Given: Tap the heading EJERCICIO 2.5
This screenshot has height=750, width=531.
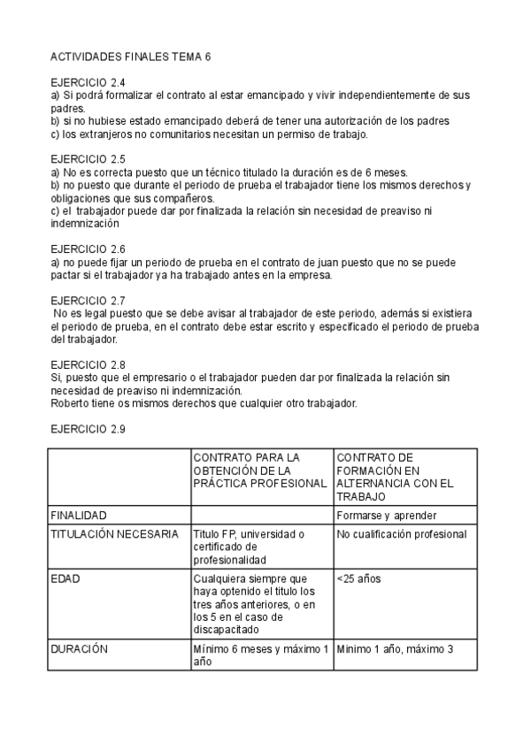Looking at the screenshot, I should [x=88, y=159].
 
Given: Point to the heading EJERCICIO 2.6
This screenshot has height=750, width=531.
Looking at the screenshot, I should [x=88, y=249].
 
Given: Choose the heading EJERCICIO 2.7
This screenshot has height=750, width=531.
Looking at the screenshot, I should [x=88, y=300].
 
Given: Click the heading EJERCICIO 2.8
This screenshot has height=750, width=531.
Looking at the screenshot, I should [x=88, y=364].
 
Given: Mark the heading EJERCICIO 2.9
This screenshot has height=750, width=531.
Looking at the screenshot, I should [x=88, y=429].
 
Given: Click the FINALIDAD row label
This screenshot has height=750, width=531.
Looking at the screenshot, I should [x=79, y=515].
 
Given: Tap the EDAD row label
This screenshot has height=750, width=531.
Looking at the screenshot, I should [x=65, y=578].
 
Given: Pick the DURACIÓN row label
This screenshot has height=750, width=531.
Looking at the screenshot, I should [x=79, y=648].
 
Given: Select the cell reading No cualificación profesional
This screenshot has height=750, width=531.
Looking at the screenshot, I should [x=402, y=534].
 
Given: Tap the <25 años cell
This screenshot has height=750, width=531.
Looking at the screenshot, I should [x=358, y=578].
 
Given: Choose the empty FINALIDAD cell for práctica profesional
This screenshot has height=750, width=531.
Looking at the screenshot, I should [x=261, y=515].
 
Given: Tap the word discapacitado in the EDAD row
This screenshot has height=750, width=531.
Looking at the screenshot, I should [x=222, y=630].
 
